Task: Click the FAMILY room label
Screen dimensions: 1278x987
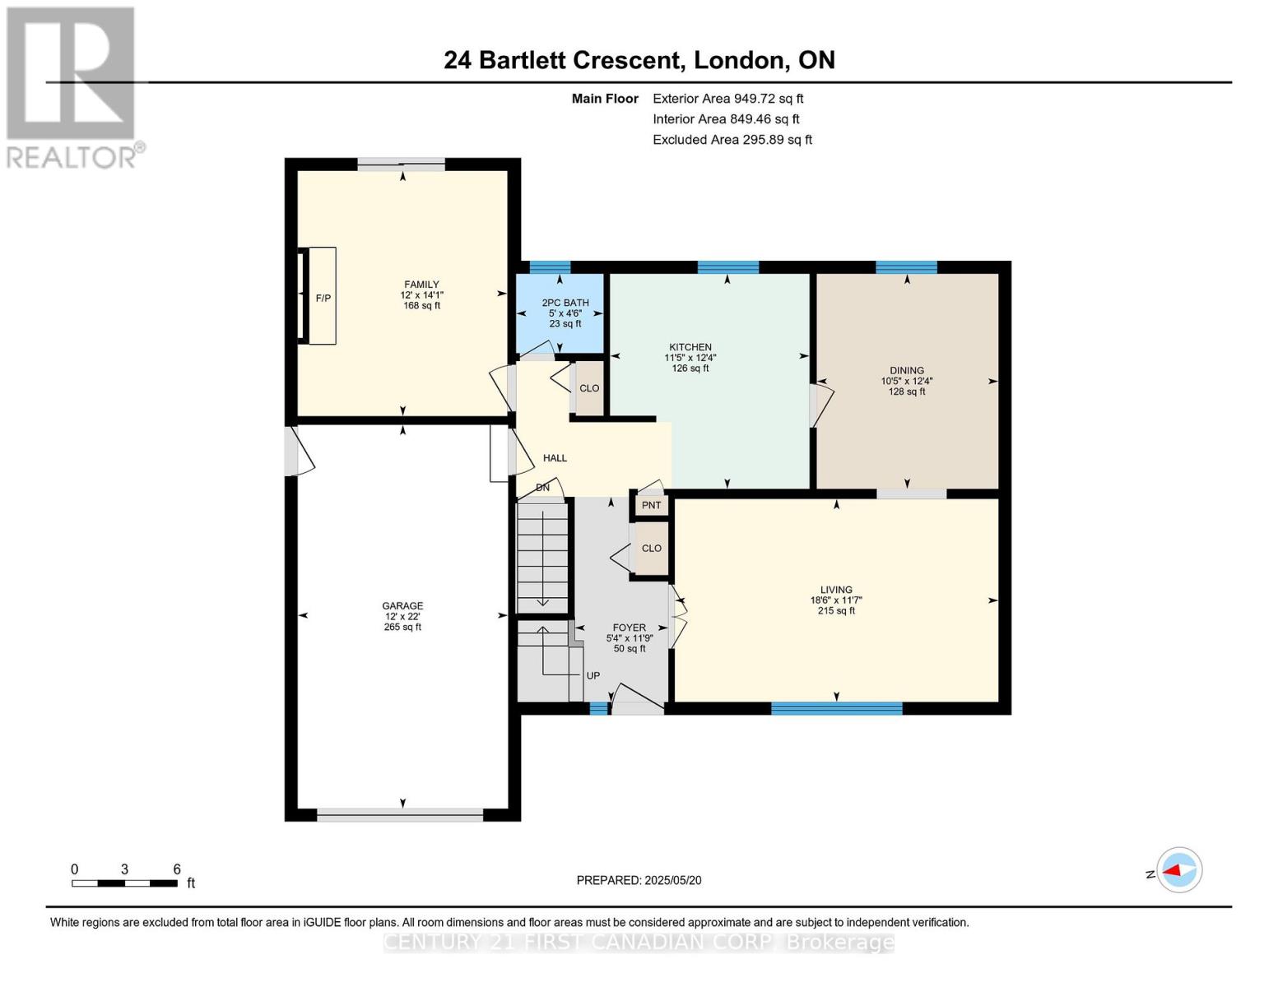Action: (x=421, y=284)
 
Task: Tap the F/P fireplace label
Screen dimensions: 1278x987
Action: (x=323, y=298)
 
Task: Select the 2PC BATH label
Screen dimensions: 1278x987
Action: (x=565, y=303)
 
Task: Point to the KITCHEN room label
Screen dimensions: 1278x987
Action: (x=690, y=347)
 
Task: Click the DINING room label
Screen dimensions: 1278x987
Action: (x=906, y=370)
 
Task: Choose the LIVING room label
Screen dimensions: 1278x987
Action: (x=836, y=590)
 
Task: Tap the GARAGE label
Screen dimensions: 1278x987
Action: (x=402, y=605)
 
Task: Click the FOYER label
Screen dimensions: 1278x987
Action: (x=629, y=628)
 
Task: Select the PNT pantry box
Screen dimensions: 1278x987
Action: (x=651, y=505)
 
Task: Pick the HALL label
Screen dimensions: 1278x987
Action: (x=555, y=458)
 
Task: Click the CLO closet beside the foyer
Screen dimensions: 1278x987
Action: (x=651, y=548)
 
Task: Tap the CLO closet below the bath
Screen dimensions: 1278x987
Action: (x=589, y=388)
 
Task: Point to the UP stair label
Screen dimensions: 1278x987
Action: (x=593, y=675)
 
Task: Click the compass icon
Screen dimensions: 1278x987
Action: (x=1178, y=870)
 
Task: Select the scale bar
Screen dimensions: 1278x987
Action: (x=125, y=883)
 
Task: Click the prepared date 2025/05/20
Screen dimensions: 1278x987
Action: (x=673, y=880)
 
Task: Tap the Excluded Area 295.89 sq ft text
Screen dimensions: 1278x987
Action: (x=732, y=139)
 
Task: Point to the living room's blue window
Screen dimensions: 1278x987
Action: (x=836, y=708)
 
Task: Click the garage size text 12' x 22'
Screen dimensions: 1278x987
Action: (x=402, y=616)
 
